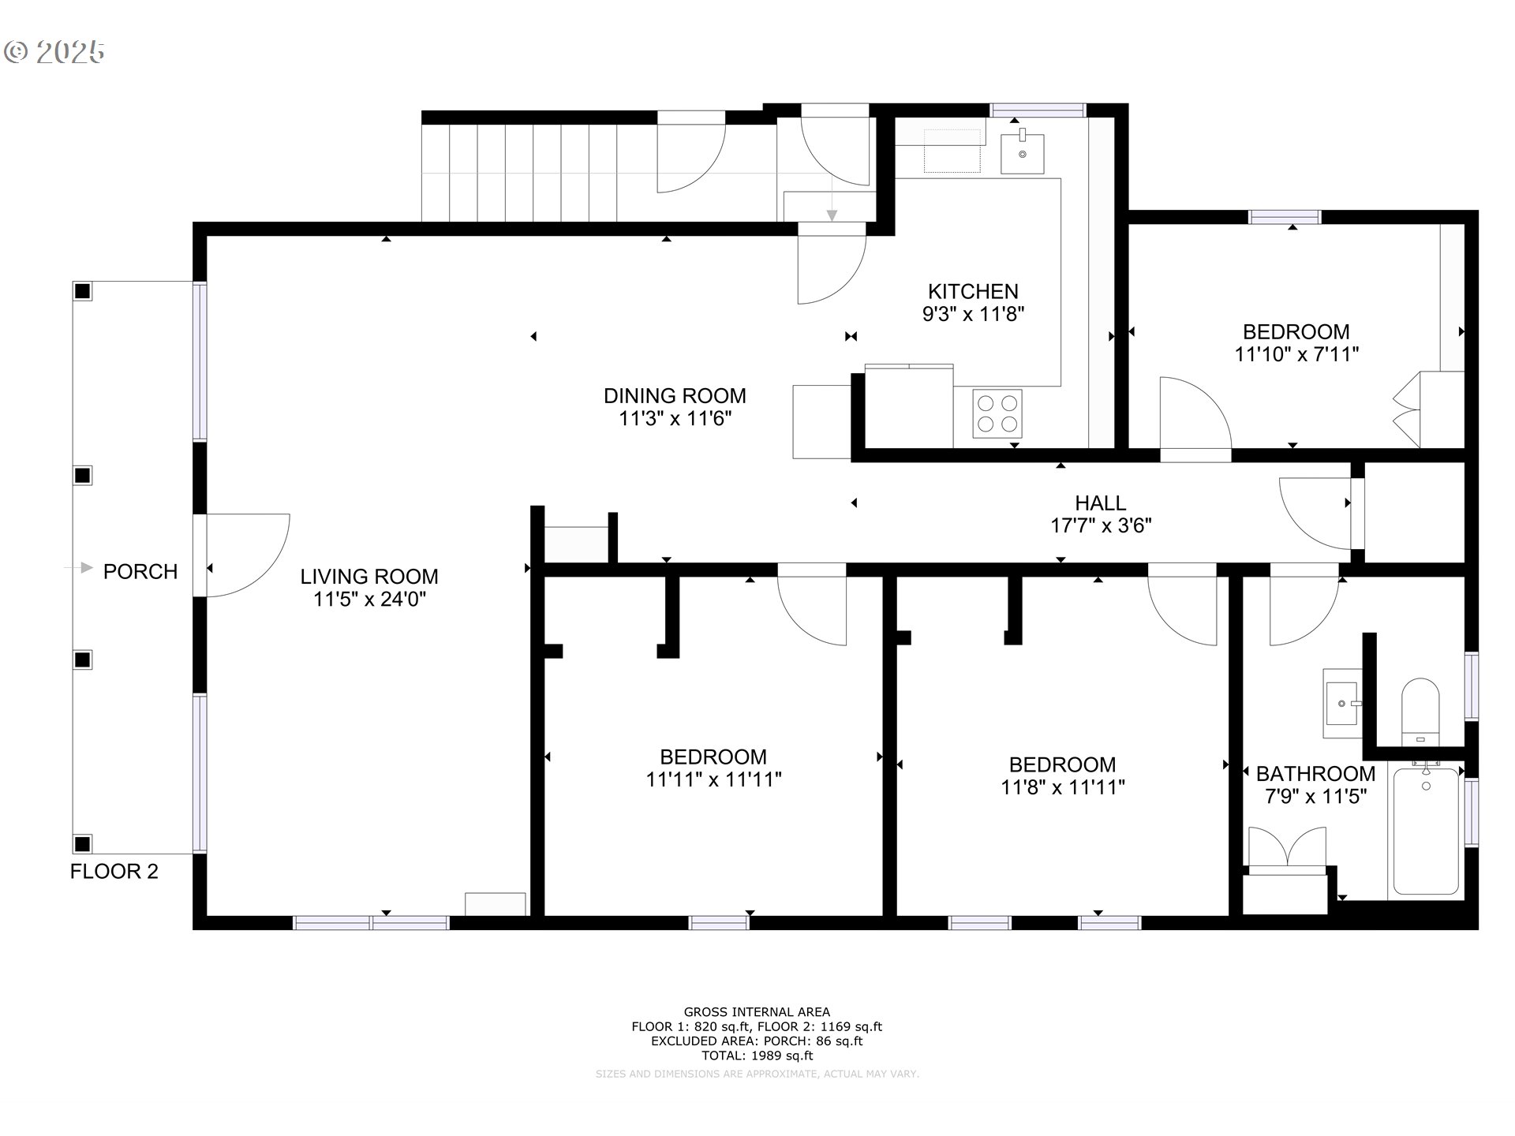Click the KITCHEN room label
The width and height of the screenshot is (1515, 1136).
click(973, 291)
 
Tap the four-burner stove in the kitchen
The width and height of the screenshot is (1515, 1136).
click(997, 413)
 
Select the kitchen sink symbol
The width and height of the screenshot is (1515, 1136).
click(1023, 152)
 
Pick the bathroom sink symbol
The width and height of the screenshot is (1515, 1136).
click(1342, 703)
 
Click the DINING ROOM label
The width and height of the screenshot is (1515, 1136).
click(675, 395)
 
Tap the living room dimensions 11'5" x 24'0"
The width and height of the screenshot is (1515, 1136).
click(369, 600)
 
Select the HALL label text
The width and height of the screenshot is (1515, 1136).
click(1101, 503)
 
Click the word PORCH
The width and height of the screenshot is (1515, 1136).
click(140, 571)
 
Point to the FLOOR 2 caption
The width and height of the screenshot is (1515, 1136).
click(114, 871)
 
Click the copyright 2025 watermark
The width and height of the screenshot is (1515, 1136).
click(54, 52)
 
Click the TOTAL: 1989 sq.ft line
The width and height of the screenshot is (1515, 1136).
click(757, 1056)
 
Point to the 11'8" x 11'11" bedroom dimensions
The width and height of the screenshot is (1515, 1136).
click(1063, 787)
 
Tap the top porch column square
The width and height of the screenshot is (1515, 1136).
click(82, 291)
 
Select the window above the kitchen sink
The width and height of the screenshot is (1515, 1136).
click(1038, 110)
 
